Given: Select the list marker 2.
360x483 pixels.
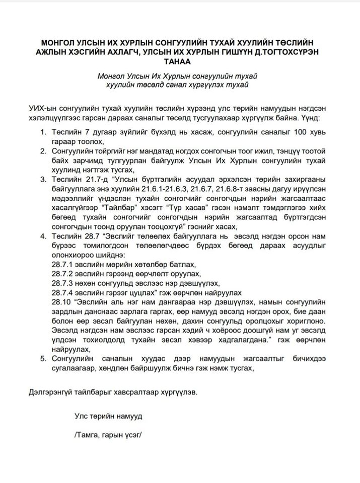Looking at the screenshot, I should [x=42, y=151].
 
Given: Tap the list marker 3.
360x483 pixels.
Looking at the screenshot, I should [x=42, y=179].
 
